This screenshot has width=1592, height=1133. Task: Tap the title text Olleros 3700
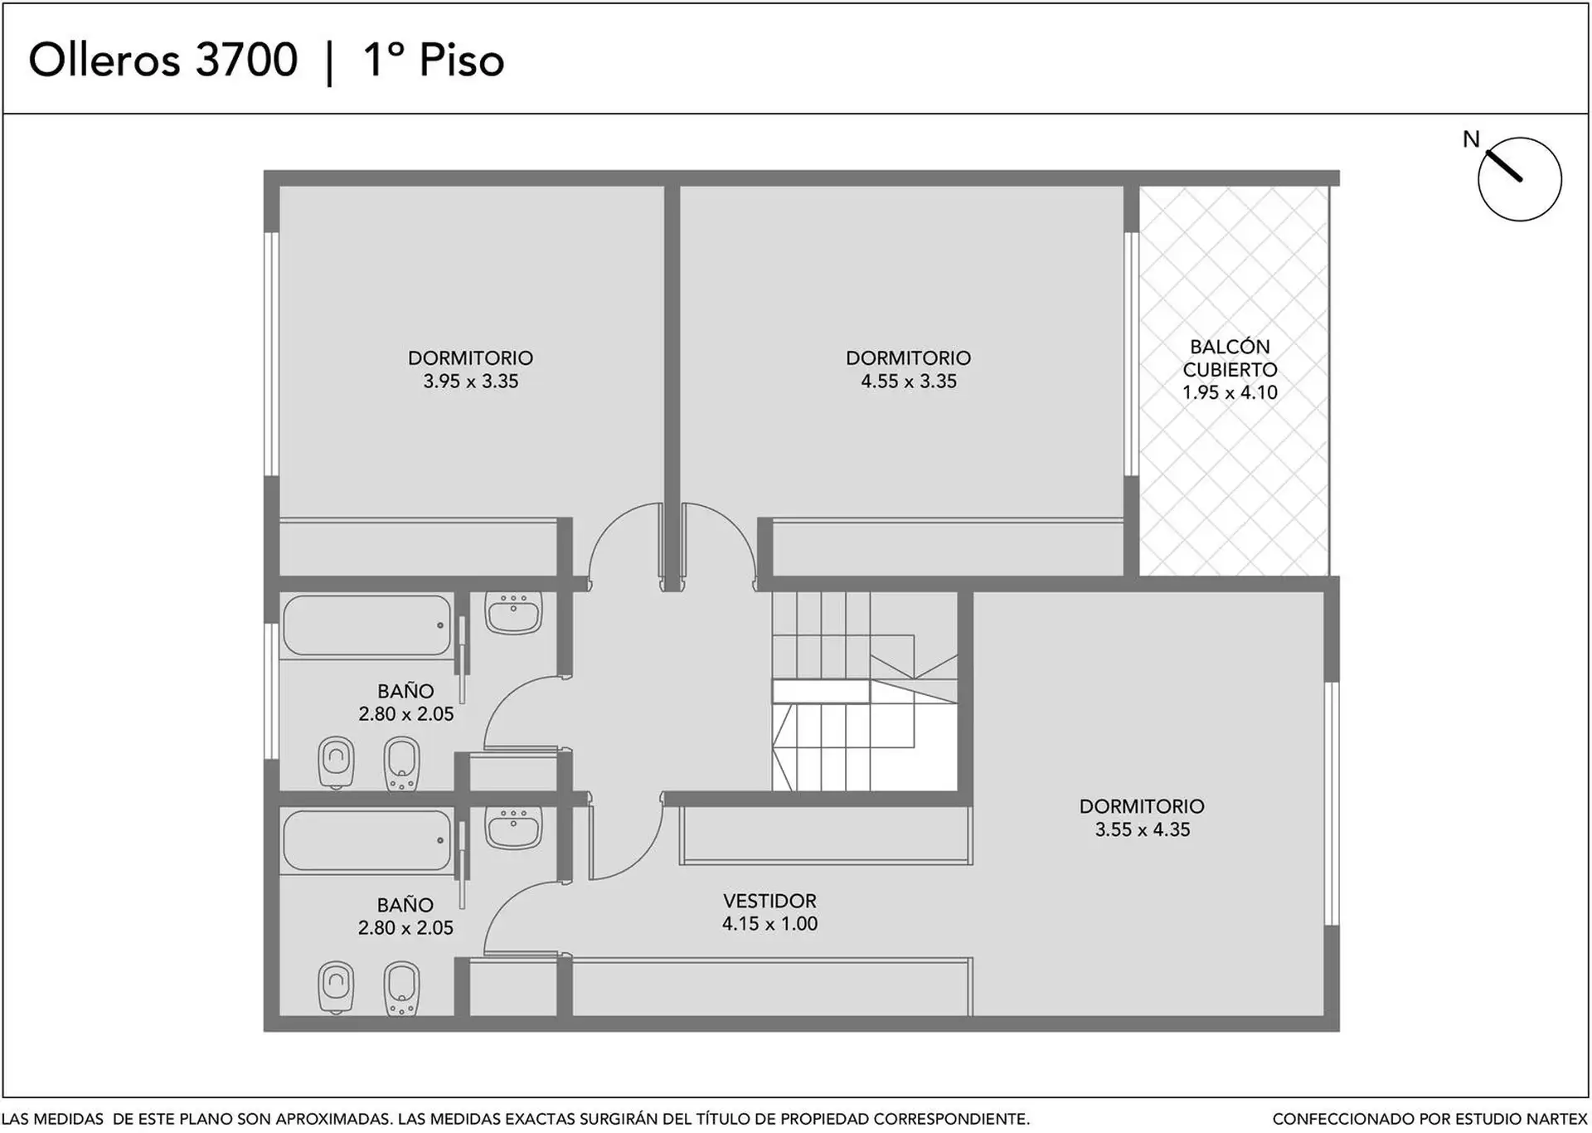point(163,61)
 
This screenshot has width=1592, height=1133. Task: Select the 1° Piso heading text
point(434,61)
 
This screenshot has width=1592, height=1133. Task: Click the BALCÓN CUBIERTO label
point(1230,358)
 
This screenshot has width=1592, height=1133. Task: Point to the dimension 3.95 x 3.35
point(471,382)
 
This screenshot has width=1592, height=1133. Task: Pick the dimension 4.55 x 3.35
point(909,382)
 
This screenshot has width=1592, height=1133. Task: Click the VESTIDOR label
point(769,901)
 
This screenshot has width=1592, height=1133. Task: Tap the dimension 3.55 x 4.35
point(1143,829)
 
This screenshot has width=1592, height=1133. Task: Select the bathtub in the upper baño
point(366,625)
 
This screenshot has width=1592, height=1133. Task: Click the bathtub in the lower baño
point(366,840)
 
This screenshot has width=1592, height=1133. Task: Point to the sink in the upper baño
point(513,613)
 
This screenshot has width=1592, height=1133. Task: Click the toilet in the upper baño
point(336,762)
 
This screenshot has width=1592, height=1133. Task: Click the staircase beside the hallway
point(865,691)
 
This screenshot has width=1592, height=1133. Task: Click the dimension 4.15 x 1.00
point(769,924)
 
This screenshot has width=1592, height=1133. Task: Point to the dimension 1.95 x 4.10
point(1230,393)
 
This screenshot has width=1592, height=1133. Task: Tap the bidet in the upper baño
point(401,763)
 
